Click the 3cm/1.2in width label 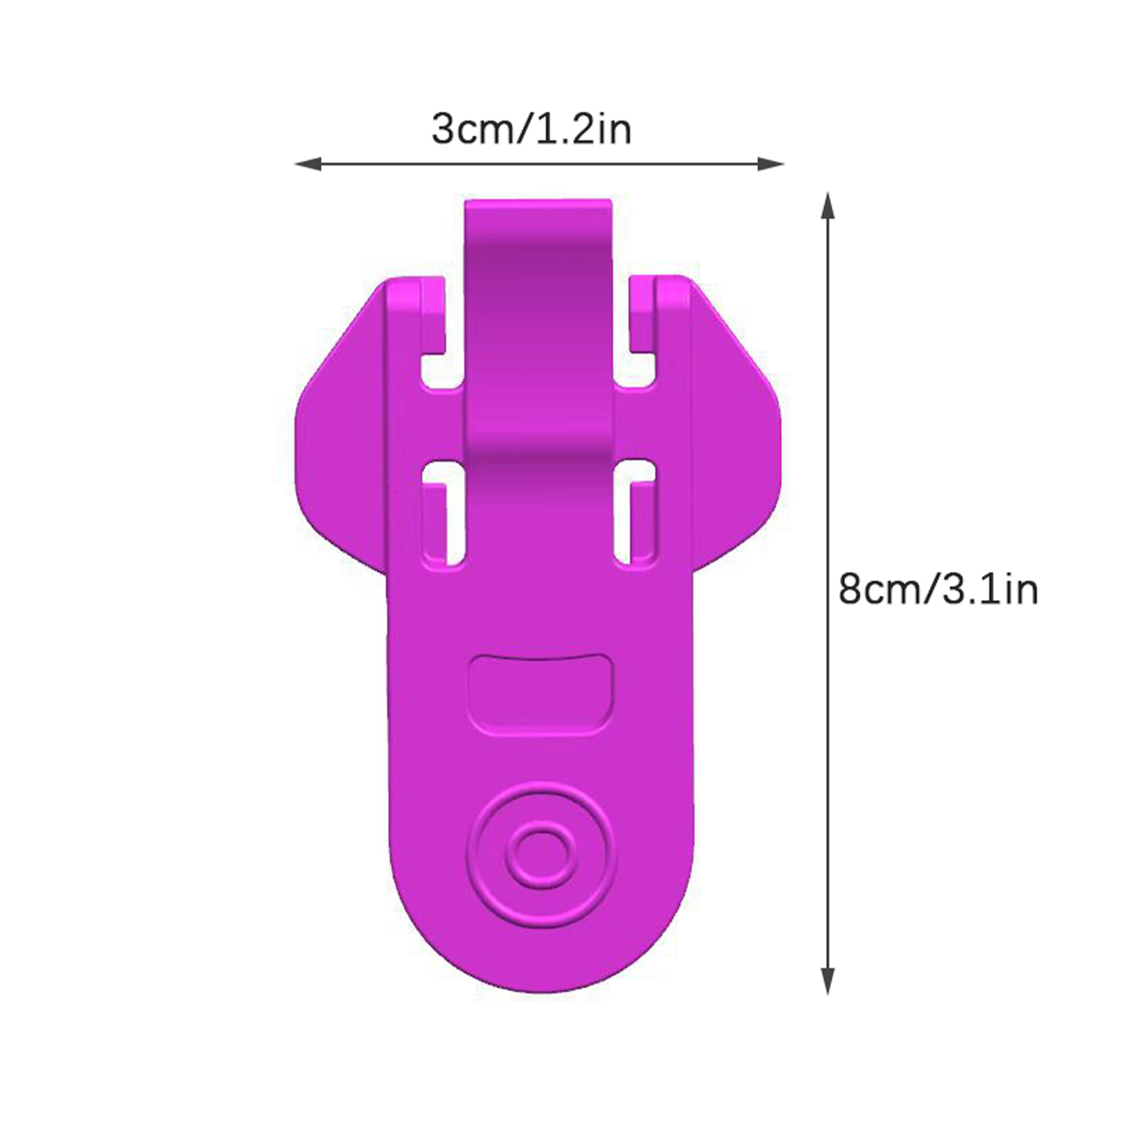click(532, 129)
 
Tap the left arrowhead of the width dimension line click(308, 164)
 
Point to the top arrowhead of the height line click(827, 206)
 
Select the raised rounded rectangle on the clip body click(541, 694)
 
